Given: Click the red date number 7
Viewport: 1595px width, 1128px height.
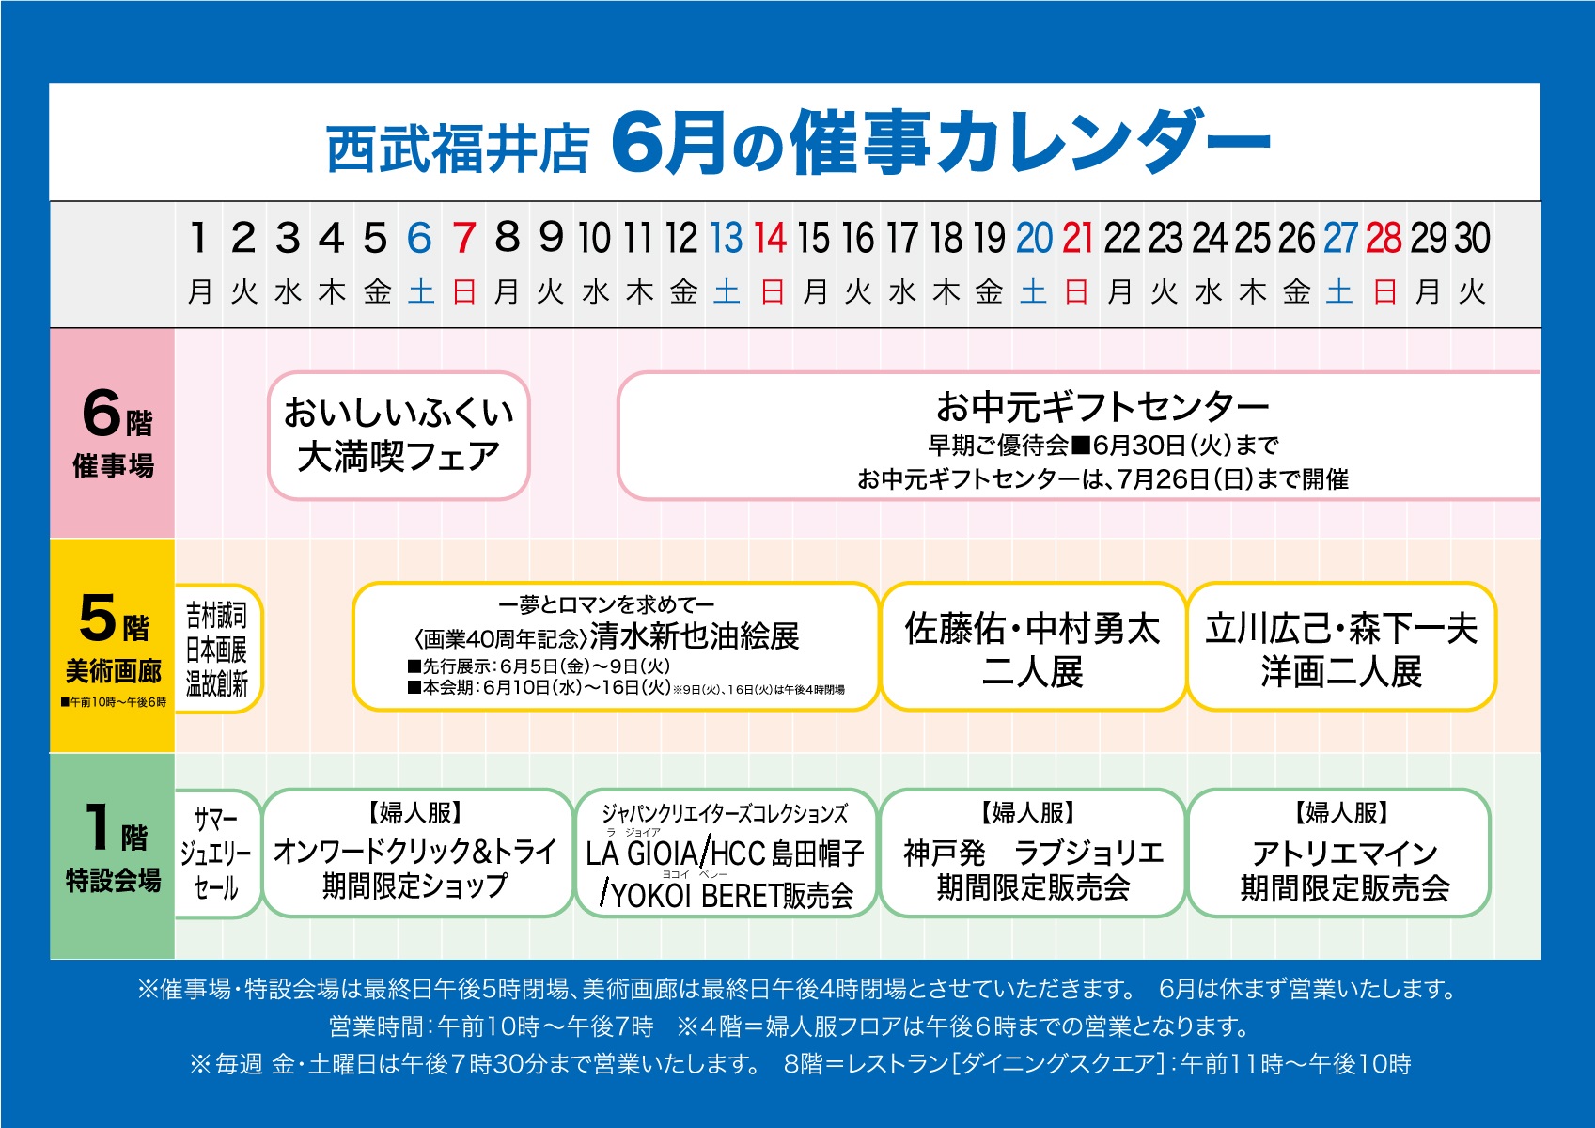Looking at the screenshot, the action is [464, 237].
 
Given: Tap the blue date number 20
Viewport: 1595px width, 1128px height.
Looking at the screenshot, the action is [1033, 237].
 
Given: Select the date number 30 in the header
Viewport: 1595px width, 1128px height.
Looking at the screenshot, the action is [1472, 237].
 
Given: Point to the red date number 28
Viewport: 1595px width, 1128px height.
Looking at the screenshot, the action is [1384, 237].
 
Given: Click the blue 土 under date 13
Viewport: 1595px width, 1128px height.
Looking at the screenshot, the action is [727, 292].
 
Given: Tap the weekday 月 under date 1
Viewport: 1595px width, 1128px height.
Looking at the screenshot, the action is [199, 292].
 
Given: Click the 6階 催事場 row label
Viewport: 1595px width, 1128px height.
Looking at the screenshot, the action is [113, 433].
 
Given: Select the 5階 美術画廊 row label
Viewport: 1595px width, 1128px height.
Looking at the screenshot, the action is [113, 645].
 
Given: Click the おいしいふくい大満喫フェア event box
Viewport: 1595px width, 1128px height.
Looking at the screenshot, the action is [399, 435].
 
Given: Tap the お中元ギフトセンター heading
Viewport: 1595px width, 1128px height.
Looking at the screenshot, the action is [1102, 407].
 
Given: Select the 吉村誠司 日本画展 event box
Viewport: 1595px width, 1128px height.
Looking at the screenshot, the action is [219, 648].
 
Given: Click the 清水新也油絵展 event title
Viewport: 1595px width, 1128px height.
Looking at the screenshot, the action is [695, 636].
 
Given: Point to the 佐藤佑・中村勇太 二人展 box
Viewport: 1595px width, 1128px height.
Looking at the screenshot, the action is [1033, 647].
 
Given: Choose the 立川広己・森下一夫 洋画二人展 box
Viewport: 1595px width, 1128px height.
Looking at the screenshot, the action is [1341, 647].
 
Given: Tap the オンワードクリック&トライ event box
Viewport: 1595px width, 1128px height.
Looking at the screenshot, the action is [417, 854].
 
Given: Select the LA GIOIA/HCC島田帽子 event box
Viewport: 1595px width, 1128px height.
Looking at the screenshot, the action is [727, 854].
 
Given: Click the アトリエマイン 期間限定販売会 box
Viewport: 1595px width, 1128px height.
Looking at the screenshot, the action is [1339, 854].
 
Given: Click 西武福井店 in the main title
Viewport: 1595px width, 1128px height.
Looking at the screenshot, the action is [458, 148].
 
